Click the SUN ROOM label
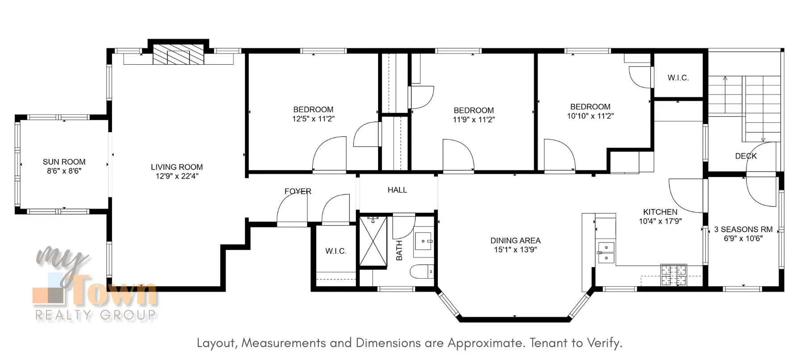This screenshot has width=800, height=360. tap(64, 162)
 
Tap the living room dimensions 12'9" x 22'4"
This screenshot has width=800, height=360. tap(177, 176)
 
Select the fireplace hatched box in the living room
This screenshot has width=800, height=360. tap(178, 55)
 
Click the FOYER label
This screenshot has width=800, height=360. tap(298, 191)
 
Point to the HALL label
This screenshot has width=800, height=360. tap(397, 190)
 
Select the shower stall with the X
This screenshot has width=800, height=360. tap(373, 241)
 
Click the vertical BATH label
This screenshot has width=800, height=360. tap(399, 250)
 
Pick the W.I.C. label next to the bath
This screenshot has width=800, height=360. tap(336, 251)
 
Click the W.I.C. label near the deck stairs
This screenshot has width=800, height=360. tap(678, 78)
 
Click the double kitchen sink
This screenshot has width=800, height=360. tap(606, 252)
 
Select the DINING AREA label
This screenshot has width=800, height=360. tap(515, 240)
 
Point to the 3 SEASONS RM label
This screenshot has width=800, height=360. tap(743, 229)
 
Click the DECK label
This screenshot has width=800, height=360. tap(746, 156)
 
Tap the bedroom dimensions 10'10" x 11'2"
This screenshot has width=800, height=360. tap(590, 116)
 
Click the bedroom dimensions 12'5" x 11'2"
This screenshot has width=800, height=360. tap(313, 119)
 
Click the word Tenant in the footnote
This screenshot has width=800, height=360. tap(547, 343)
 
